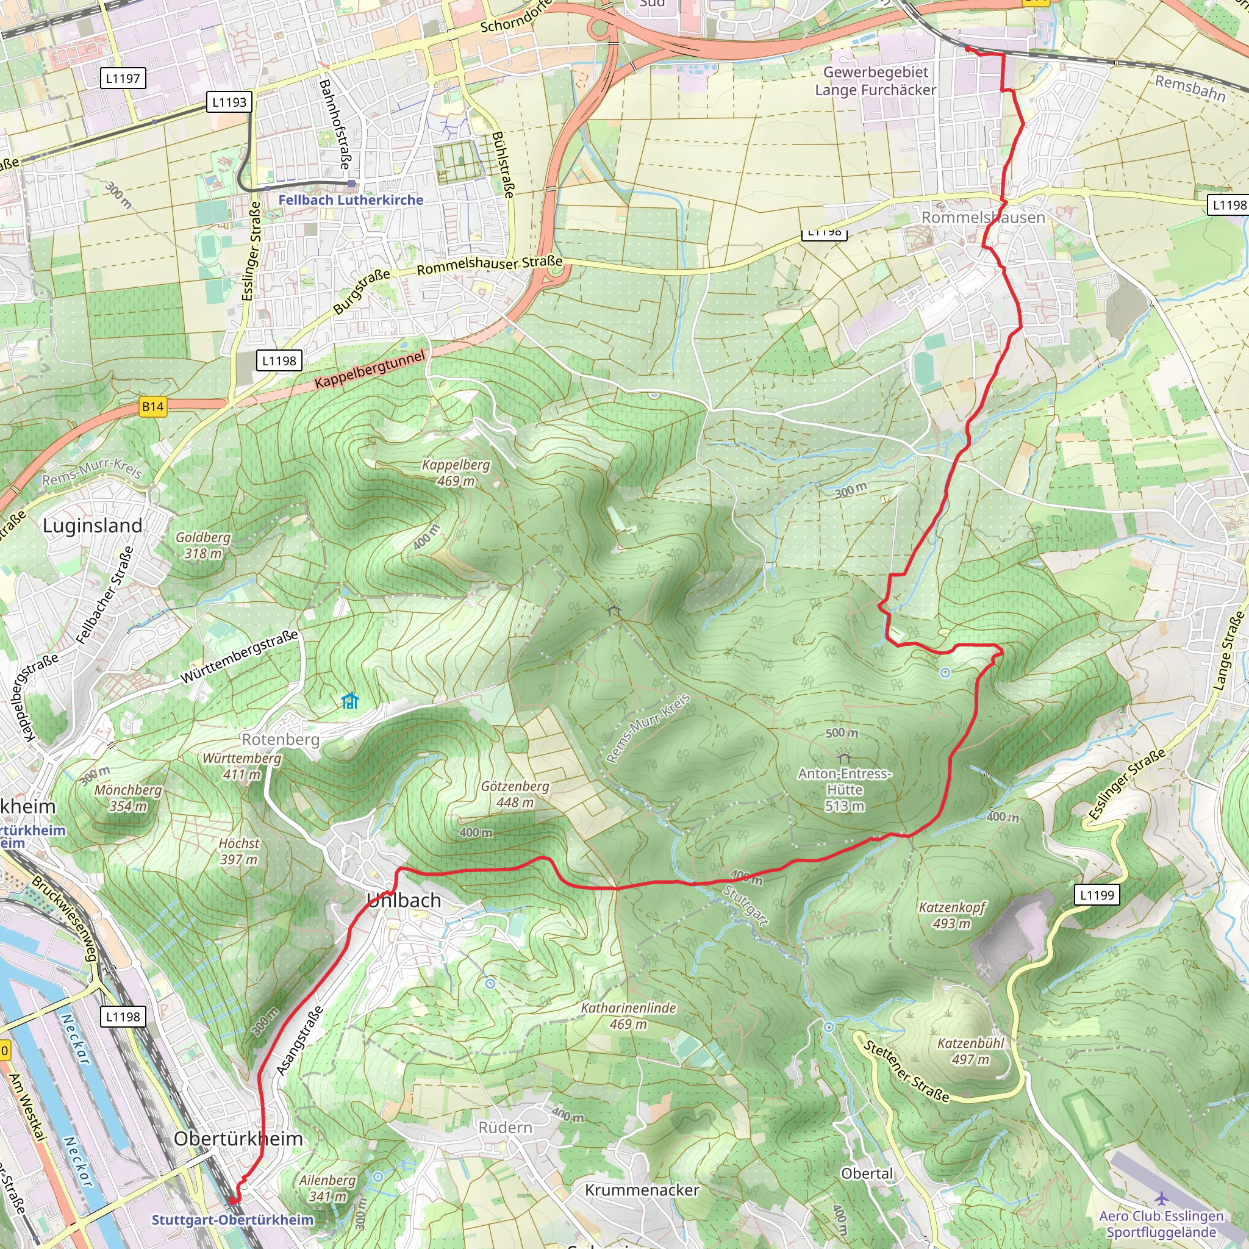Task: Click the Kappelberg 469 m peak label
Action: click(456, 473)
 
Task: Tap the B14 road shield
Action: click(153, 407)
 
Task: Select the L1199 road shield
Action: click(1097, 895)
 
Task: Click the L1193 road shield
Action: click(229, 102)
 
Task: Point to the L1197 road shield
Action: click(123, 78)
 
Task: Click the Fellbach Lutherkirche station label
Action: click(351, 201)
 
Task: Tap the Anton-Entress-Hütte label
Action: click(844, 789)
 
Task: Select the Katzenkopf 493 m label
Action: click(951, 915)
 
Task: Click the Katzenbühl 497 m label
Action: click(970, 1051)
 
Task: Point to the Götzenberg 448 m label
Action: click(515, 794)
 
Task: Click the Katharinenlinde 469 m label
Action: click(628, 1015)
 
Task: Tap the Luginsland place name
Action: click(93, 526)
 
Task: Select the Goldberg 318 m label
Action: click(203, 545)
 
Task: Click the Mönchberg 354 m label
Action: click(128, 798)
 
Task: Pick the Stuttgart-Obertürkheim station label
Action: click(233, 1219)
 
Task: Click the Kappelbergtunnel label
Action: click(370, 369)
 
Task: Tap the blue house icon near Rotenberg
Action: click(349, 701)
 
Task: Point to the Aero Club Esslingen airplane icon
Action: click(1162, 1198)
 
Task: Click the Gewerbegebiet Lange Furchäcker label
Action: click(875, 81)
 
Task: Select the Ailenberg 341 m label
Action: click(327, 1187)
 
